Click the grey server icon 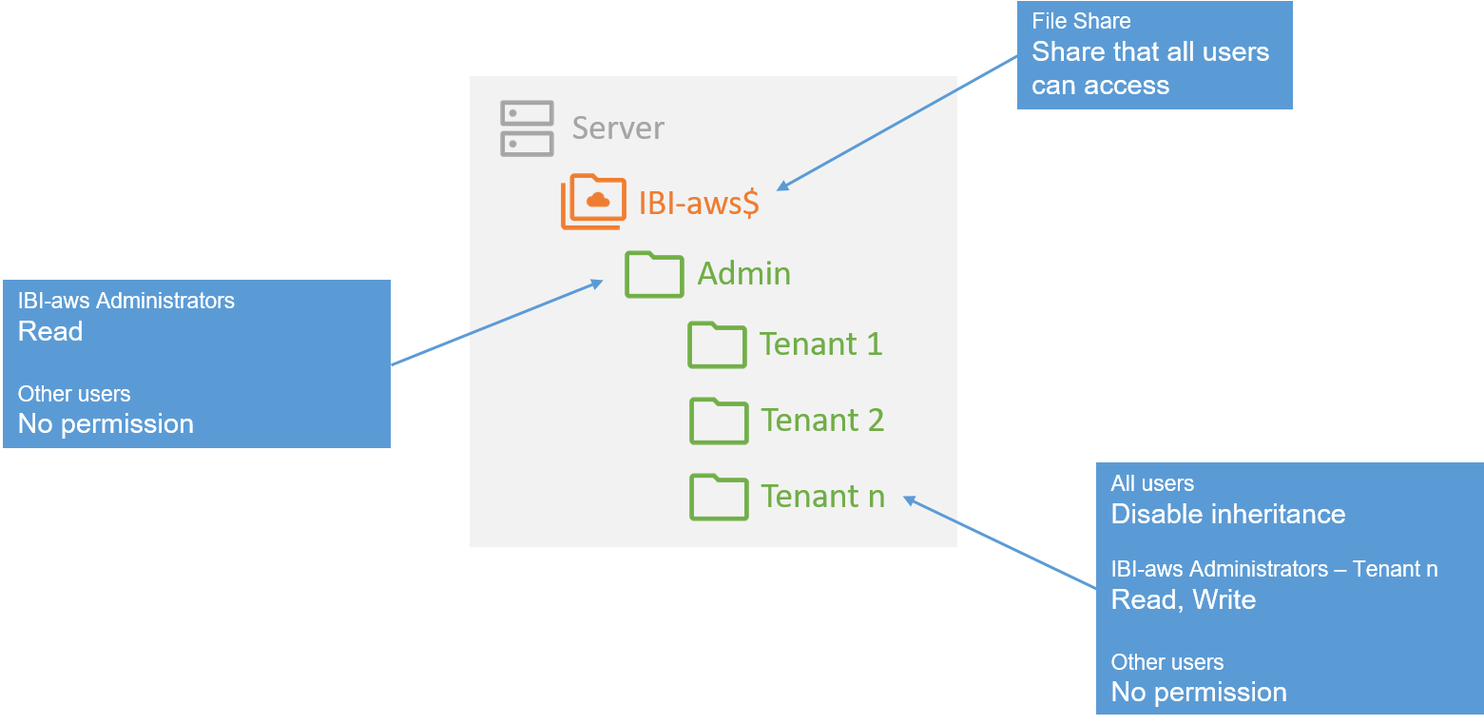527,128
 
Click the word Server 618,128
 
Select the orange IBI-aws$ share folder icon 593,202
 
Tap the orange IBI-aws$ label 699,204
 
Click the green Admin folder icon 654,274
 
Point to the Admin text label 743,274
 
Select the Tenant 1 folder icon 717,344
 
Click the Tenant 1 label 820,343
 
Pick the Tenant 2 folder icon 718,421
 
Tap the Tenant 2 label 822,420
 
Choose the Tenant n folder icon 718,497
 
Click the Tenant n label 822,496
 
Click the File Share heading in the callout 1081,21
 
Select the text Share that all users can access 1149,68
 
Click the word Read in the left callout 50,331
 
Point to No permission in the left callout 106,423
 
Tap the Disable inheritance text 1227,514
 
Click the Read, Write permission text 1183,599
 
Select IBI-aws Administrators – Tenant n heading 1274,569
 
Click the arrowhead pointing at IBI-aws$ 783,186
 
